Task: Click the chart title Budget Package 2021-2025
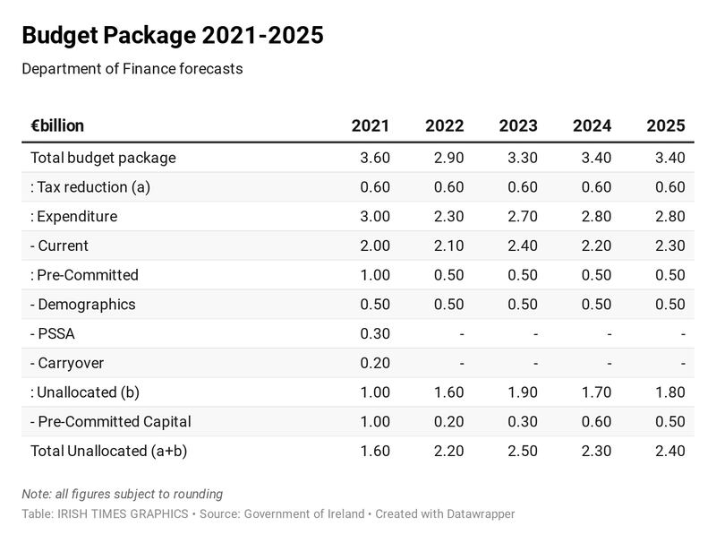coord(172,36)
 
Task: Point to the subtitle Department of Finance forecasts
coord(132,69)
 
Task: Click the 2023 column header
coord(518,126)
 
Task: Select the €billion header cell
coord(57,126)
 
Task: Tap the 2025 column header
coord(666,126)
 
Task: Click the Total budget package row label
coord(103,158)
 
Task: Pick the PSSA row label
coord(55,334)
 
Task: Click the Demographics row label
coord(82,305)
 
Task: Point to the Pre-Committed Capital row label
coord(110,422)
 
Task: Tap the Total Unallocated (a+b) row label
coord(114,452)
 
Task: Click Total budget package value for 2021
coord(374,158)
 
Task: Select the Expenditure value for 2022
coord(447,217)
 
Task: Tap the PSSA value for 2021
coord(374,334)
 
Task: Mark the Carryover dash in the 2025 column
coord(682,364)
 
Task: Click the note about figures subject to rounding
coord(122,494)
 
